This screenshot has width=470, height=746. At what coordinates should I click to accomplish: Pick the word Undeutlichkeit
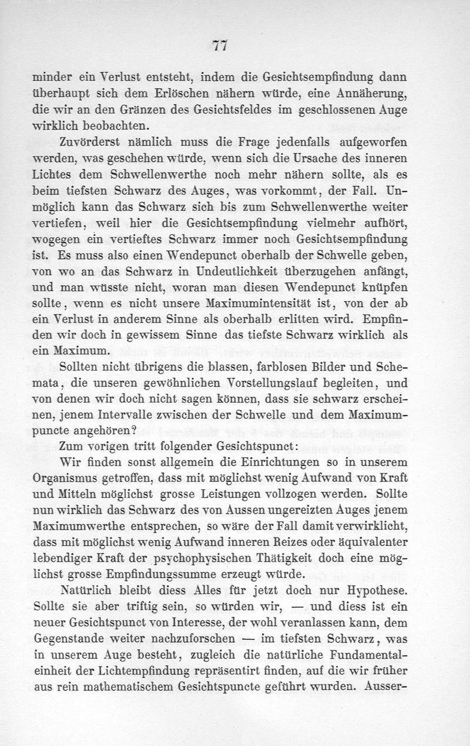coord(237,270)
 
